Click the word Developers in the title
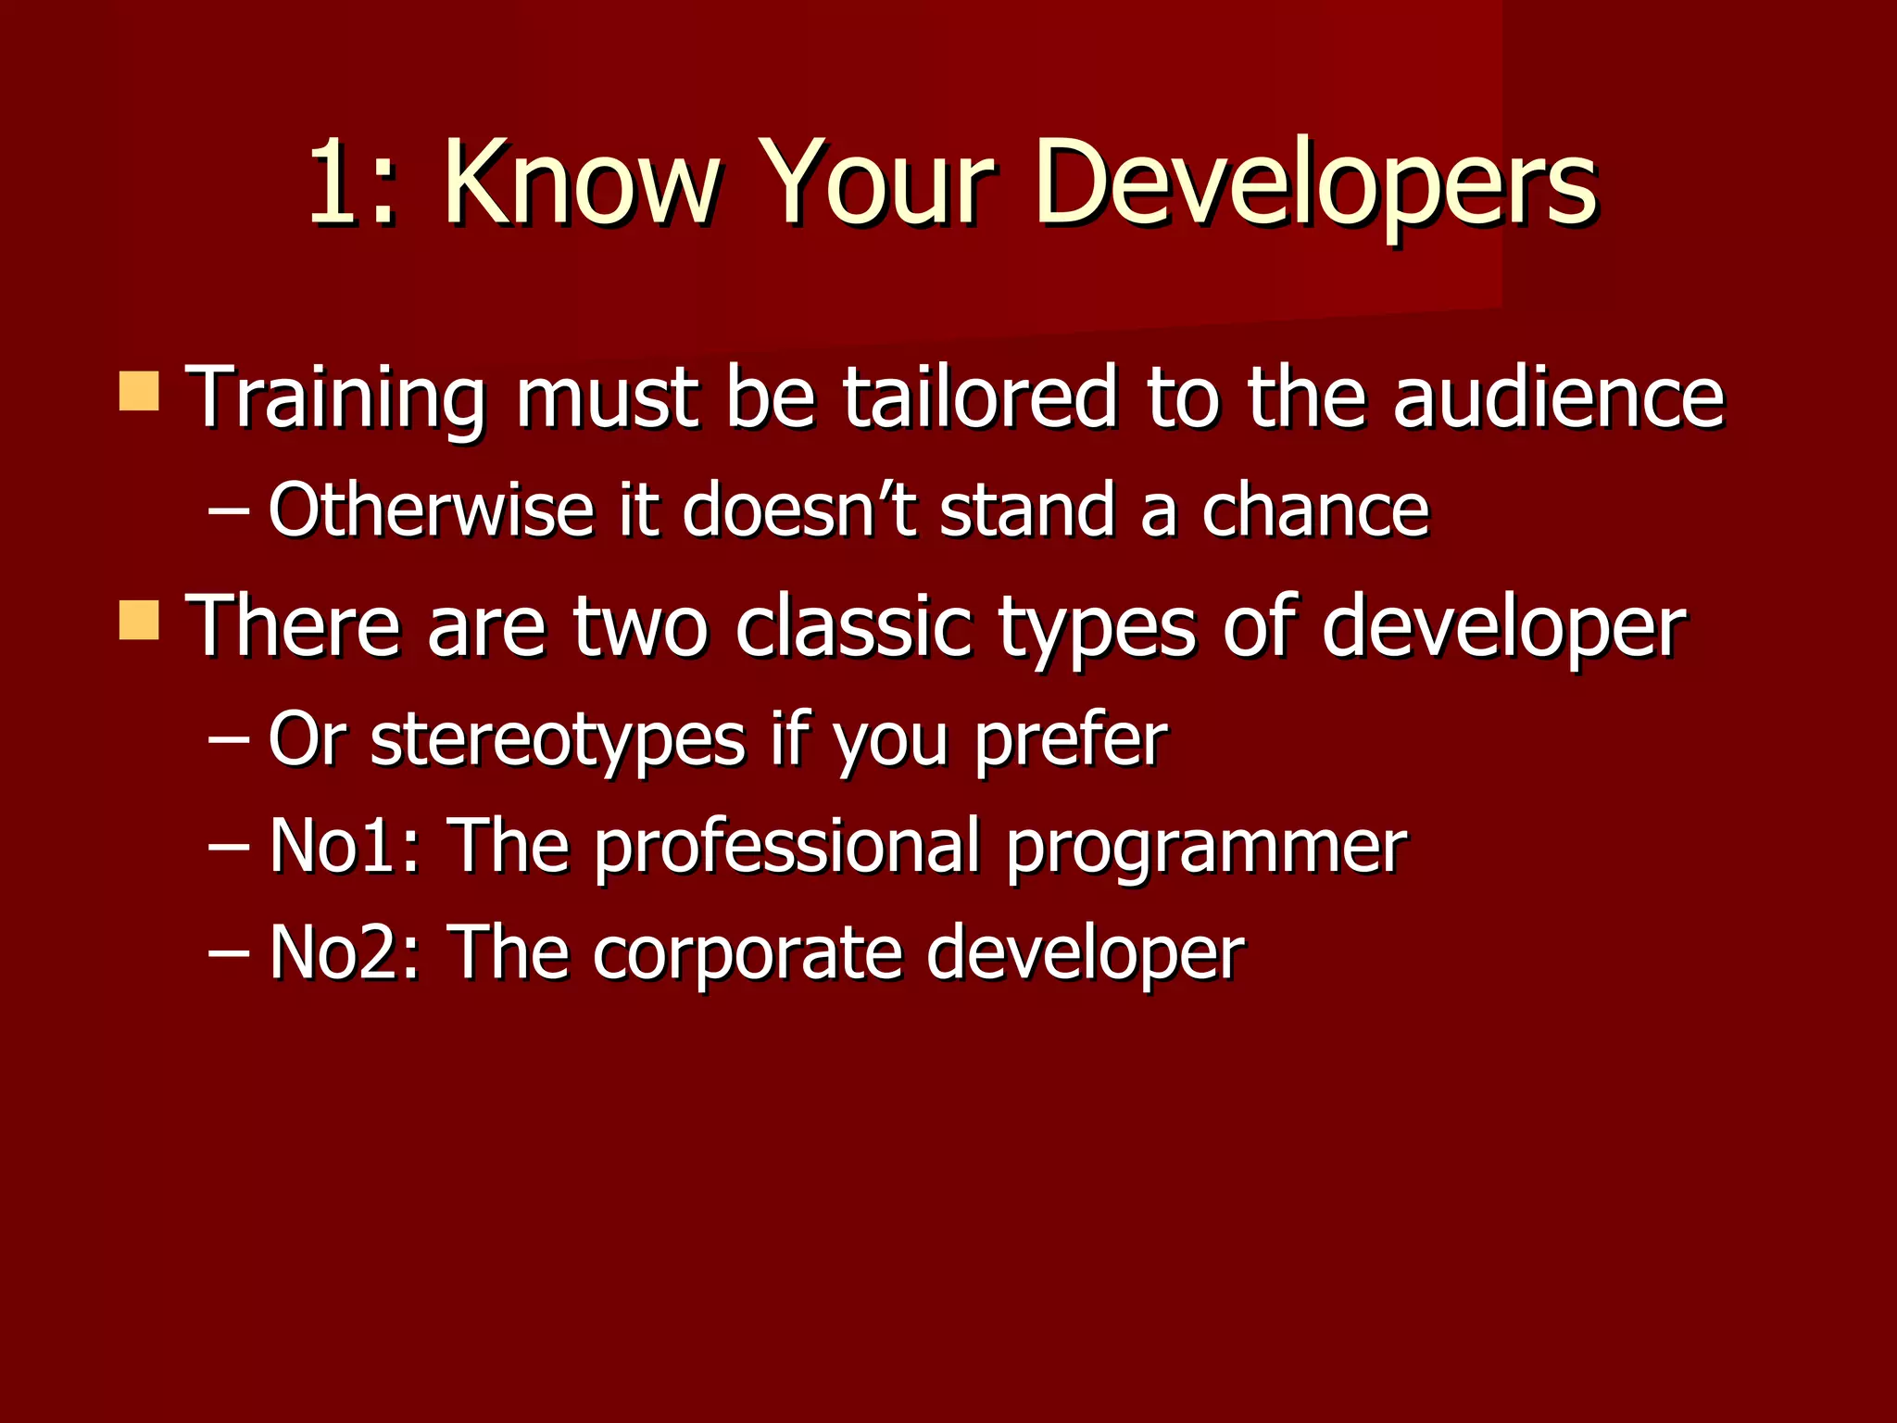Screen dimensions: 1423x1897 coord(1315,183)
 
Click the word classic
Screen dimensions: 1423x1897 coord(853,626)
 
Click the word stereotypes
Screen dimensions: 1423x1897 coord(558,740)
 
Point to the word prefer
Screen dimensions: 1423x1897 coord(1070,740)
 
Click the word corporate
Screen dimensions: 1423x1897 coord(747,954)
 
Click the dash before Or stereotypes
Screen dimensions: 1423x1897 coord(228,740)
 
